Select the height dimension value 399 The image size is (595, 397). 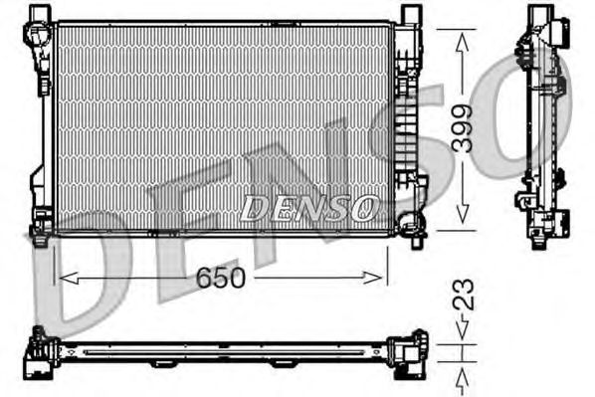click(461, 128)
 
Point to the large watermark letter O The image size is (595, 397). click(542, 114)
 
